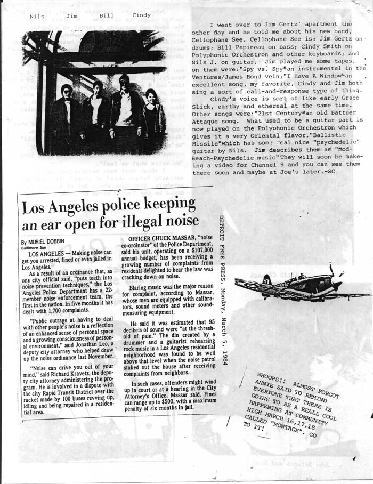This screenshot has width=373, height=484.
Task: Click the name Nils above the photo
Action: coord(37,17)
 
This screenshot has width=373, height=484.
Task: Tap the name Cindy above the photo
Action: coord(141,15)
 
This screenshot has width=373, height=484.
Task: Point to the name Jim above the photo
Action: coord(71,17)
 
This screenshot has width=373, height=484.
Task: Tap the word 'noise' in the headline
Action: coord(178,221)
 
